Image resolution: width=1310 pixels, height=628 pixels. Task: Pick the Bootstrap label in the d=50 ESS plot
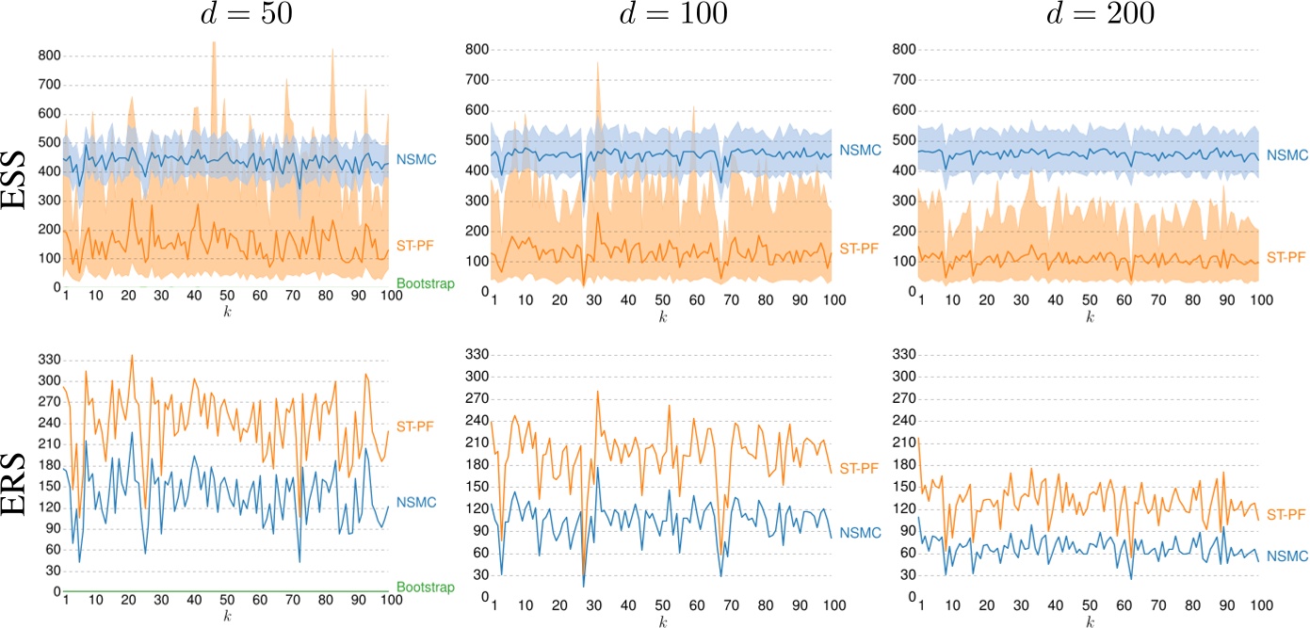pyautogui.click(x=425, y=282)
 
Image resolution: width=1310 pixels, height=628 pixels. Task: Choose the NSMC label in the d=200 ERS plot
pyautogui.click(x=1287, y=556)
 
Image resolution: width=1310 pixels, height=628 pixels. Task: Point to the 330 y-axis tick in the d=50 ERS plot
pyautogui.click(x=47, y=359)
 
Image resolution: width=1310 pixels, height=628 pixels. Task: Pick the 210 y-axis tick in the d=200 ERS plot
pyautogui.click(x=908, y=442)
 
